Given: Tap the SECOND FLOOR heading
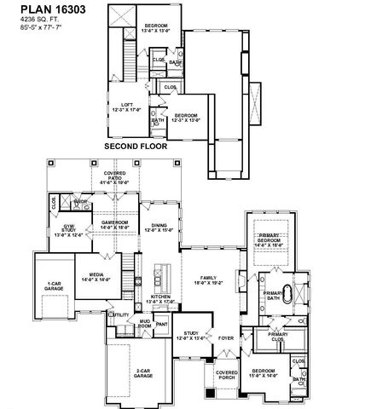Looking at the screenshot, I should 135,146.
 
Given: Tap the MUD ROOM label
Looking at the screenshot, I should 146,322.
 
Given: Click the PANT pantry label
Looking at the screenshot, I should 162,323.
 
